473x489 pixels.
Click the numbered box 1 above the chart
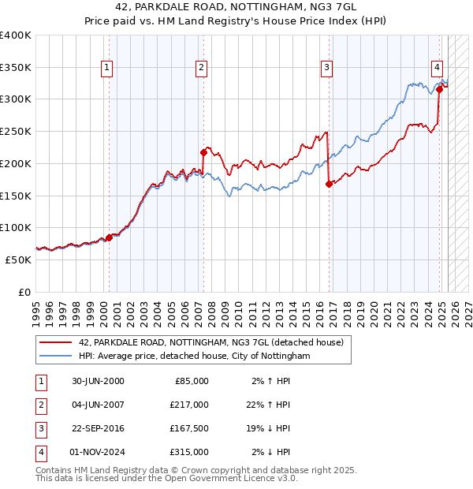(106, 68)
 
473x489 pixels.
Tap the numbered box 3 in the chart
(326, 68)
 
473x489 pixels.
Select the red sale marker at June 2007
(203, 152)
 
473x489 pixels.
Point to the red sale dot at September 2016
(329, 184)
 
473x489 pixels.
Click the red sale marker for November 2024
(439, 89)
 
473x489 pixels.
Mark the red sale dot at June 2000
(109, 237)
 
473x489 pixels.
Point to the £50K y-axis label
(19, 259)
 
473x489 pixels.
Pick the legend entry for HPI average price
(194, 356)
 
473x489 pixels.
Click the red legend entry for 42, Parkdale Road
(210, 343)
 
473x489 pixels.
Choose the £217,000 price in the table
(189, 405)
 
